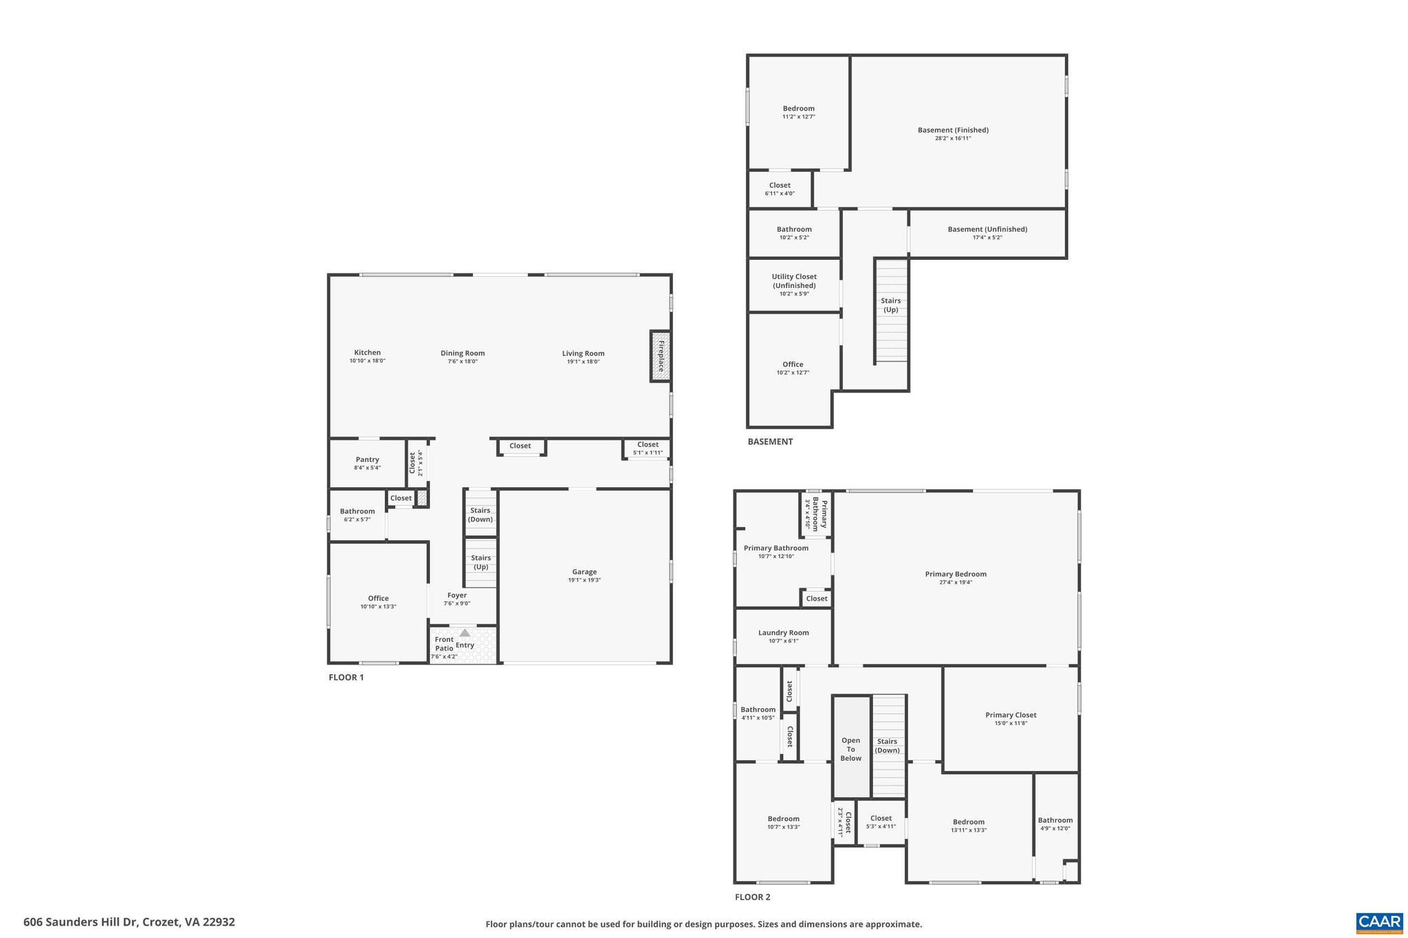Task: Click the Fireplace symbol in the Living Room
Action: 660,356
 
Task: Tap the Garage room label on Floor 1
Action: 584,572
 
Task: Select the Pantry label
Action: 367,460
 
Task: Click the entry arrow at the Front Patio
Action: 465,633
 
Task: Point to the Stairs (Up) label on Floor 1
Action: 481,562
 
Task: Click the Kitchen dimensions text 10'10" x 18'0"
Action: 367,361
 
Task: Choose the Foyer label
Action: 456,595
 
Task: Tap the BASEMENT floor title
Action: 770,442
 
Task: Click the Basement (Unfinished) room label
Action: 987,230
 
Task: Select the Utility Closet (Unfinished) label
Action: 794,281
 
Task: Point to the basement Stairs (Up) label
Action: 890,305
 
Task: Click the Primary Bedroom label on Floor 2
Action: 956,574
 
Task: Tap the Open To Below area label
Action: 850,749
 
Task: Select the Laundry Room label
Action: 783,632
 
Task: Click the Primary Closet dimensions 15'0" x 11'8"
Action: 1011,723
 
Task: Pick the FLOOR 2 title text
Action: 752,897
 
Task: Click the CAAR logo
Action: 1378,922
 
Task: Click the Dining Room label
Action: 463,353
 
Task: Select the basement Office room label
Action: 793,364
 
